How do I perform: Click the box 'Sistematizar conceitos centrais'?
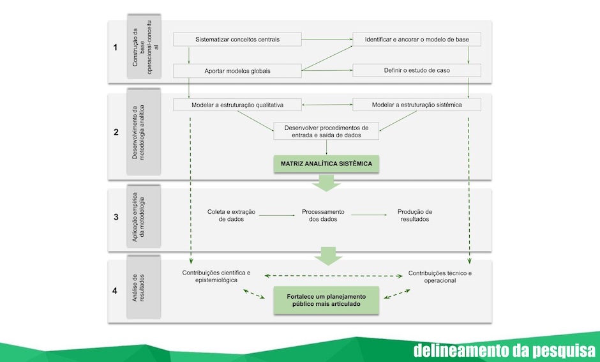(x=237, y=40)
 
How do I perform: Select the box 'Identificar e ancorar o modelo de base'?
(x=417, y=40)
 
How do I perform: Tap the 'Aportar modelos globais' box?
(x=237, y=71)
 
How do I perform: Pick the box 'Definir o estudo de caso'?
(x=417, y=70)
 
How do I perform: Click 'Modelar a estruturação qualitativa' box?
(x=237, y=105)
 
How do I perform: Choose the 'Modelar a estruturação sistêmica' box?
(x=417, y=105)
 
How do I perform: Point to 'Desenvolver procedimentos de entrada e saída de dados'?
(x=326, y=132)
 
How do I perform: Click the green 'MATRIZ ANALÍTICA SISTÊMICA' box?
(x=326, y=164)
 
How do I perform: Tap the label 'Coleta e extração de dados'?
(x=231, y=215)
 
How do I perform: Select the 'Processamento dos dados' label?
(x=323, y=215)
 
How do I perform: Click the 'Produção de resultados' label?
(x=415, y=215)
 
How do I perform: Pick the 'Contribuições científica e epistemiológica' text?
(x=216, y=276)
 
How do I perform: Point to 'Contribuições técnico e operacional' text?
(x=440, y=276)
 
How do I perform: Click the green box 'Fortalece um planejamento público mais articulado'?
(x=326, y=301)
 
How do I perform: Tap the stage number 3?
(x=116, y=217)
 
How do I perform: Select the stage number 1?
(x=115, y=47)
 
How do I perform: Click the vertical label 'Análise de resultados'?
(x=138, y=288)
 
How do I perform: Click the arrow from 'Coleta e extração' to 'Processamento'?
(x=277, y=215)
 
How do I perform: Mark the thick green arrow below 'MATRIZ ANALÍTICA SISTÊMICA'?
(x=326, y=183)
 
